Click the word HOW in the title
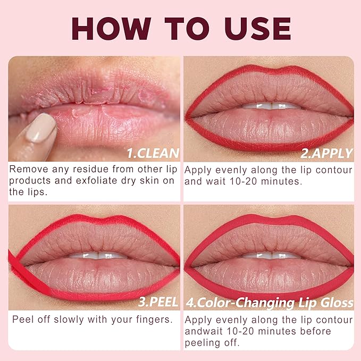pos(112,29)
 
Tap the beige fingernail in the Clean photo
pos(41,128)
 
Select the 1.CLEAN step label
pos(153,153)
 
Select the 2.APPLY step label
pos(326,153)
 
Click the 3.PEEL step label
pos(158,302)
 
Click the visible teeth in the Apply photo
pos(272,106)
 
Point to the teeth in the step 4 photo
pos(272,255)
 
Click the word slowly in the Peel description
pos(69,320)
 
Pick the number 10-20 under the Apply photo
pos(244,181)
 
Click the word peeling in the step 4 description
pos(202,343)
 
